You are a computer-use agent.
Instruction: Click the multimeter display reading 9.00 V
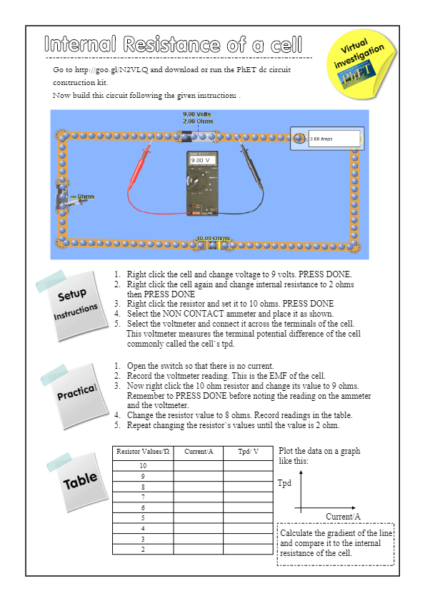point(203,160)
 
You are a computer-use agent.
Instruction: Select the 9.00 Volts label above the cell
point(196,114)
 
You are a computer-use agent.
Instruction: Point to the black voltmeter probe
point(251,165)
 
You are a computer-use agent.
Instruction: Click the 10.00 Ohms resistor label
point(213,239)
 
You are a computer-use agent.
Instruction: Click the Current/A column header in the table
point(199,452)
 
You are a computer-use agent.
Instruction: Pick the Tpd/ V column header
point(248,452)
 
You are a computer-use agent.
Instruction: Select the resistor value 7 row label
point(143,497)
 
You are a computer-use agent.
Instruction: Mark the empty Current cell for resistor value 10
point(199,466)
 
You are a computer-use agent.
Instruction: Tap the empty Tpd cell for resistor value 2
point(249,550)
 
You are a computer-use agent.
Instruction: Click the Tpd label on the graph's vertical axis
point(284,483)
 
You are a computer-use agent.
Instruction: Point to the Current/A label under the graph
point(343,517)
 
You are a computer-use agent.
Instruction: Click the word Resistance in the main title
point(171,44)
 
